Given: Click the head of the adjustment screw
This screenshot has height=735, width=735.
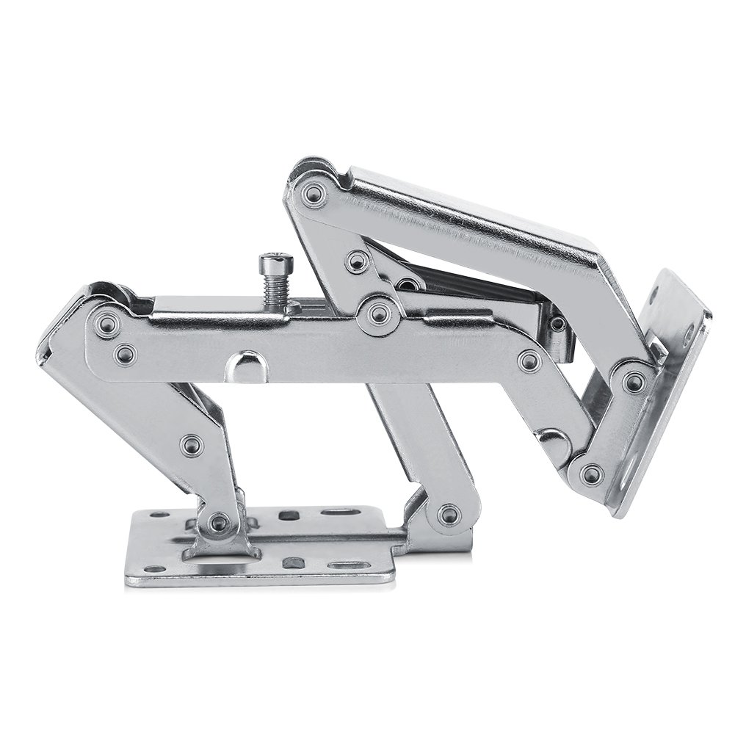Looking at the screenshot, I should click(269, 261).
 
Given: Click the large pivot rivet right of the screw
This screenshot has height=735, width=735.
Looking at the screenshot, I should click(379, 314).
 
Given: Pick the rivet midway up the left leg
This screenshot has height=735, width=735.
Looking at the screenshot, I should click(192, 443).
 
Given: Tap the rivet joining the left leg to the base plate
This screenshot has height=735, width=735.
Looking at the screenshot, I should click(217, 523).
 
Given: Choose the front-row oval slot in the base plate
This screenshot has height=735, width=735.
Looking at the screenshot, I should click(343, 566).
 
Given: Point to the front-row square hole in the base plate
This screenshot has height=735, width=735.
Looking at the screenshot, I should click(294, 563).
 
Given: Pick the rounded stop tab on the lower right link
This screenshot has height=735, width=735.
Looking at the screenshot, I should click(552, 441).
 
